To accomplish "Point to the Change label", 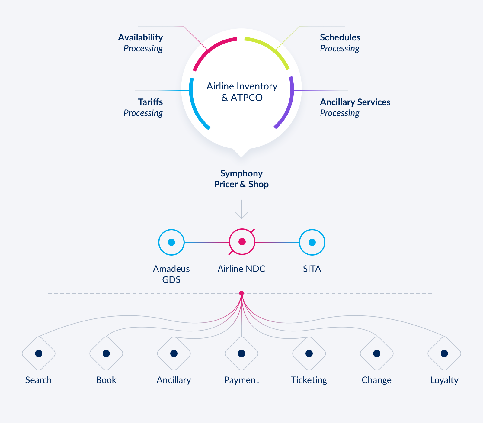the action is (x=376, y=380).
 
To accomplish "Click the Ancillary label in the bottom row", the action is (x=174, y=380).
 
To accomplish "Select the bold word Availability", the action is (x=140, y=37).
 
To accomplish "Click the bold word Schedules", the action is (x=340, y=37).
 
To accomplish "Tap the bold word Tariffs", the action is (x=150, y=102).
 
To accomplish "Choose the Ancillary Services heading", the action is (x=355, y=102).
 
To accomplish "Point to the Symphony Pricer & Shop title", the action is (x=241, y=179).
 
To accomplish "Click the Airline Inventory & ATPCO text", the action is (x=242, y=92).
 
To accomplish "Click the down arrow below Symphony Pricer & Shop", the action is (x=241, y=209).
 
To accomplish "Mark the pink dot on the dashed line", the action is (x=241, y=293).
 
